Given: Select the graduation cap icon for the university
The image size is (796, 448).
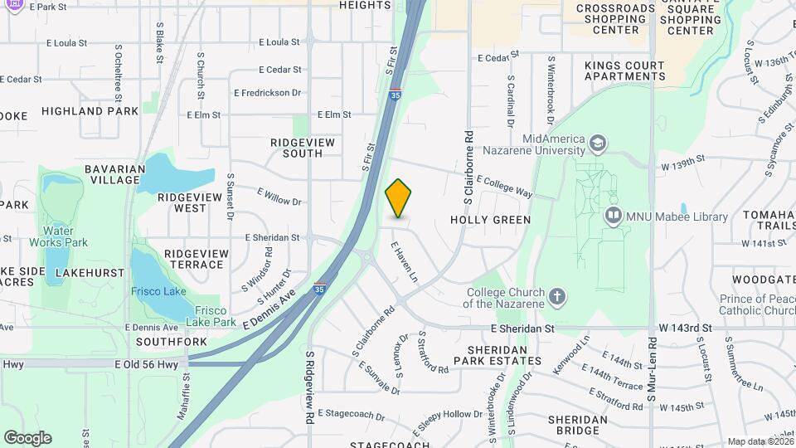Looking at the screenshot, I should (x=597, y=145).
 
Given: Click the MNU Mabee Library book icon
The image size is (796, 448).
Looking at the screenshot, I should (x=614, y=217).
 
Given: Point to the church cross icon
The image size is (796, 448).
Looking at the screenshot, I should (x=558, y=296).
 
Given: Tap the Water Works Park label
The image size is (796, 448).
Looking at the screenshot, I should (x=58, y=236).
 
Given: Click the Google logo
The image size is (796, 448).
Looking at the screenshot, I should (x=27, y=438).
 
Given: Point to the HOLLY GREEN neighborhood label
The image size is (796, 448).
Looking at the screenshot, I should (x=490, y=220).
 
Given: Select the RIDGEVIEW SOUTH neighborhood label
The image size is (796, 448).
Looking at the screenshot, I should (x=303, y=148).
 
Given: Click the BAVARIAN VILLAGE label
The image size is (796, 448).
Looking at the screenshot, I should (x=115, y=175).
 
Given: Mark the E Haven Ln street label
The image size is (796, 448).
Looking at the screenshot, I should (x=403, y=260).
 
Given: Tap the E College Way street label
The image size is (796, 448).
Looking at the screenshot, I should (x=504, y=185).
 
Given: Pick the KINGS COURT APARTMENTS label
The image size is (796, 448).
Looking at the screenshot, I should (x=624, y=71).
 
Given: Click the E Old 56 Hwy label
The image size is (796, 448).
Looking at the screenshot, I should (x=148, y=363).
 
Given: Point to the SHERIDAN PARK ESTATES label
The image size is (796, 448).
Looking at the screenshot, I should (x=493, y=354).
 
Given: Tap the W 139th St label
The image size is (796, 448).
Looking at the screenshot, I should (x=682, y=158).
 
